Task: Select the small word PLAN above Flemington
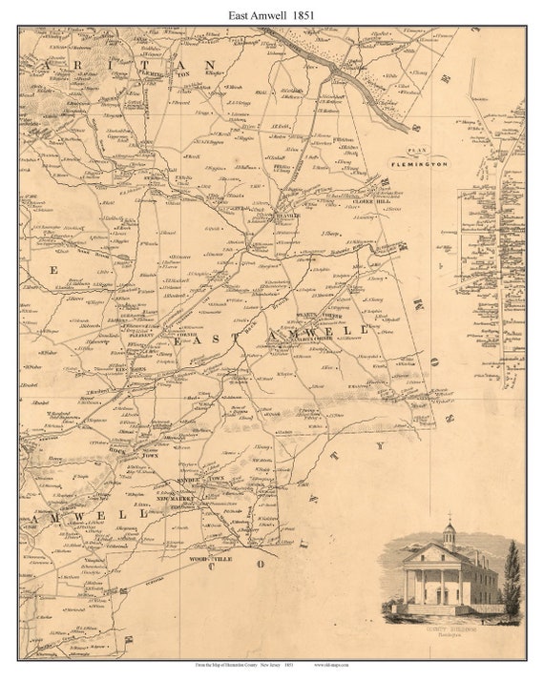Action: (x=415, y=151)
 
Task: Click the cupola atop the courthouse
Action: (x=449, y=530)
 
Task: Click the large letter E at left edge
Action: (x=54, y=271)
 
